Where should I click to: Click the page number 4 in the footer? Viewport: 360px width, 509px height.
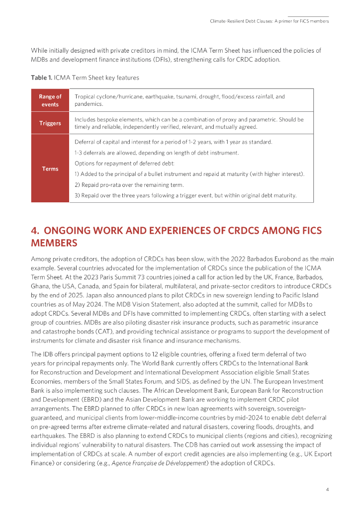pyautogui.click(x=327, y=490)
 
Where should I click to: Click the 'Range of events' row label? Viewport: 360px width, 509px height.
pyautogui.click(x=50, y=100)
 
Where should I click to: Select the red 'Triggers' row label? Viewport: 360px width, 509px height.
pyautogui.click(x=50, y=123)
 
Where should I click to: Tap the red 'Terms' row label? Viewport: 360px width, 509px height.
pyautogui.click(x=50, y=169)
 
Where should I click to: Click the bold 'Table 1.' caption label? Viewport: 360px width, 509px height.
pyautogui.click(x=41, y=78)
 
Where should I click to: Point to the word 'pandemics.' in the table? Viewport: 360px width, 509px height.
pyautogui.click(x=88, y=104)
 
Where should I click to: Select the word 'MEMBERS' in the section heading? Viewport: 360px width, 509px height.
pyautogui.click(x=54, y=243)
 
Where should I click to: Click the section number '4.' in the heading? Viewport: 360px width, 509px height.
pyautogui.click(x=35, y=231)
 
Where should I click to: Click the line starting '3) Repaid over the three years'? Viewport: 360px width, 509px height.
pyautogui.click(x=185, y=195)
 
